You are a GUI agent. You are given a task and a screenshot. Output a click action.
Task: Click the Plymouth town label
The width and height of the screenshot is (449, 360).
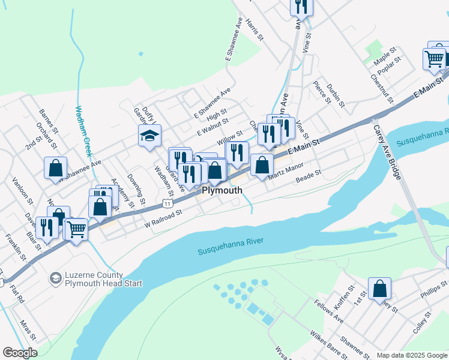tap(222, 190)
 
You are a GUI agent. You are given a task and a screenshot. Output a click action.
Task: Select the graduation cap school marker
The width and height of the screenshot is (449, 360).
tap(149, 136)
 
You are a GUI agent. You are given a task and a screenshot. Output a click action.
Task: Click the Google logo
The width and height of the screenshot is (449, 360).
tap(20, 353)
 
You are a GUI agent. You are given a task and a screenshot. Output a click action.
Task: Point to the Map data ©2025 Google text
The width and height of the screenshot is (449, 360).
tap(412, 355)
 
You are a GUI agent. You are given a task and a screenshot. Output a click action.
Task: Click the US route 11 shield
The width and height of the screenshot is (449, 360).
tap(170, 203)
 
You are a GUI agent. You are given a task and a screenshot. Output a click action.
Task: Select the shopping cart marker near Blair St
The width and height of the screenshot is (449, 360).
tap(76, 229)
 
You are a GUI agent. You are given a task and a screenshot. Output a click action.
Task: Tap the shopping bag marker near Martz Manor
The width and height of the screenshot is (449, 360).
tap(261, 165)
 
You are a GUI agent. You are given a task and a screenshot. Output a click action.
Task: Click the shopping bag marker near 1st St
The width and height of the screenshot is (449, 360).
tap(380, 289)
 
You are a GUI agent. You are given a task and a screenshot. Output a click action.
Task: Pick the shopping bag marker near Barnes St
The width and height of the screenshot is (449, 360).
tap(55, 168)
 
